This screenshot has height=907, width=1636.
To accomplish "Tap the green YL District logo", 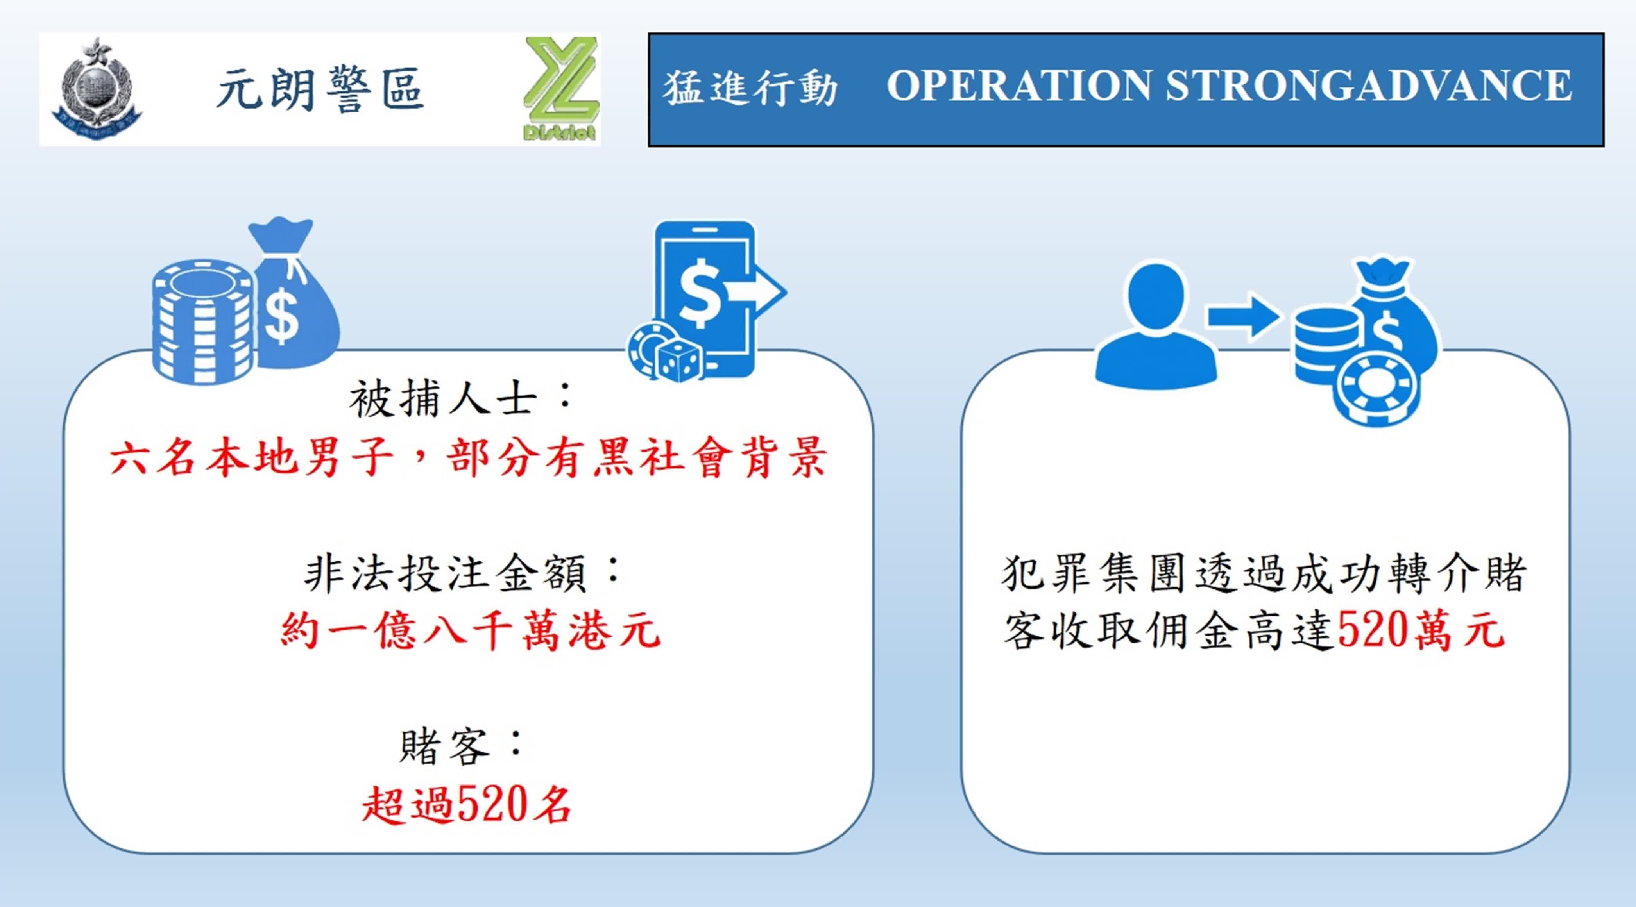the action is coord(561,88).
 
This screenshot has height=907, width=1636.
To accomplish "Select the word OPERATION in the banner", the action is coord(1018,85).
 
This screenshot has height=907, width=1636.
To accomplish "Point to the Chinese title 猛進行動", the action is coord(750,87).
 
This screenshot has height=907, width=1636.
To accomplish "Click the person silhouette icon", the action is coord(1156,324).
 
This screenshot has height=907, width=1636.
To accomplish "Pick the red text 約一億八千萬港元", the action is coord(471,630).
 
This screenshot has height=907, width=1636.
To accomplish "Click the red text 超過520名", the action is coord(467,804).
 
